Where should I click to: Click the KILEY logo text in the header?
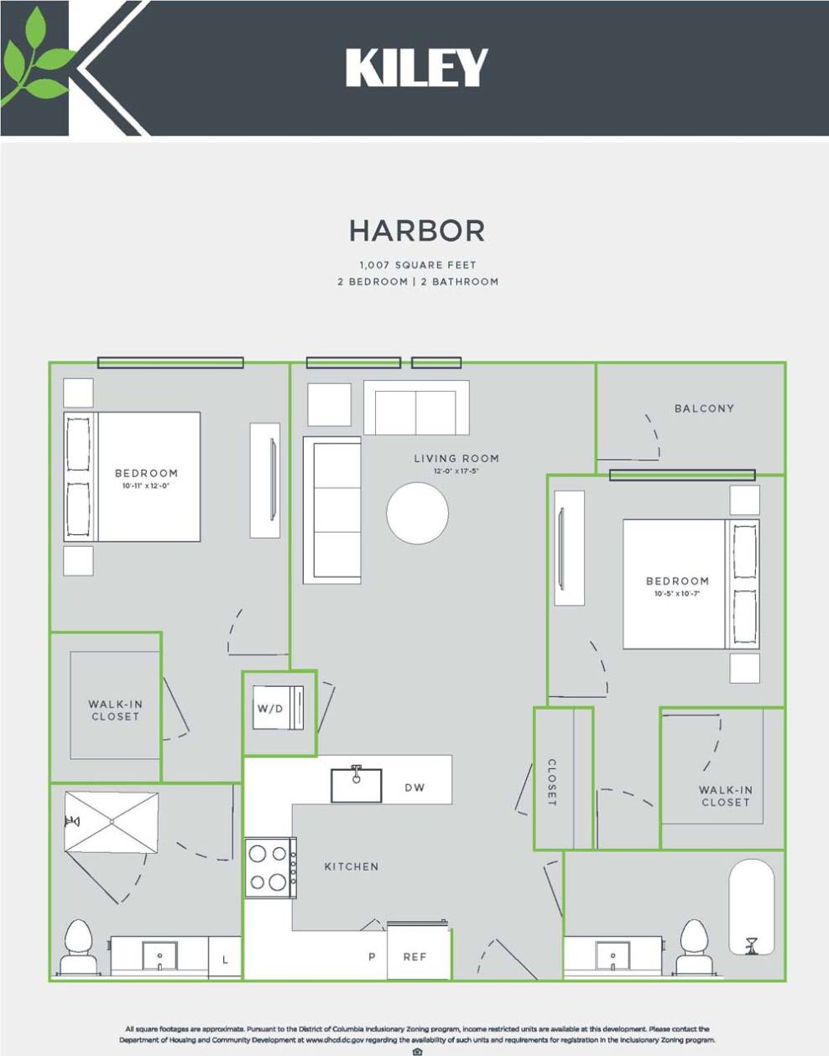(x=416, y=68)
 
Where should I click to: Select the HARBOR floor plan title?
(x=417, y=231)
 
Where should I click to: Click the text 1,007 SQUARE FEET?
(x=417, y=264)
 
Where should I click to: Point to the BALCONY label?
(x=704, y=408)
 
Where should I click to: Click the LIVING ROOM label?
(x=456, y=458)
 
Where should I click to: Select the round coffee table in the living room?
(x=417, y=513)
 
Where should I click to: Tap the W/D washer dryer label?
(x=270, y=709)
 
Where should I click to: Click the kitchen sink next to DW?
(x=356, y=784)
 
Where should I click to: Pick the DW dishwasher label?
(x=414, y=788)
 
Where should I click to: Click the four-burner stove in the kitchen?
(x=269, y=868)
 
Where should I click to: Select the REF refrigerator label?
(x=414, y=956)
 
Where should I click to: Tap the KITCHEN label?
(x=352, y=866)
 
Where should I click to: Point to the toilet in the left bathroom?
(x=78, y=945)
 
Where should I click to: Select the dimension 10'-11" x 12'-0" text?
(x=146, y=486)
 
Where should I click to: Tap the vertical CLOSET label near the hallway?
(x=552, y=783)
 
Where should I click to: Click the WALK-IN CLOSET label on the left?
(x=115, y=710)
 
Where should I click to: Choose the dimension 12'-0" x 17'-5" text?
(x=456, y=471)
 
